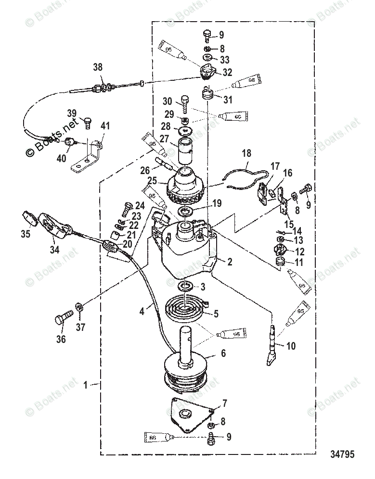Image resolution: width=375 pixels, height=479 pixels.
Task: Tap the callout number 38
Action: click(x=98, y=68)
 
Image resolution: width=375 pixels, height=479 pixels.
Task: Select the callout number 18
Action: click(x=246, y=154)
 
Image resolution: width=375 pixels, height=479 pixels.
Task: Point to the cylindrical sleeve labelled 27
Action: click(x=186, y=151)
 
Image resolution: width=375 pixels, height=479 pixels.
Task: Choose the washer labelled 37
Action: click(x=79, y=306)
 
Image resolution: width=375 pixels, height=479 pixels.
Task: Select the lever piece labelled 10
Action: click(x=272, y=345)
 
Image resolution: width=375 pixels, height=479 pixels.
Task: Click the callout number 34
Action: click(x=54, y=250)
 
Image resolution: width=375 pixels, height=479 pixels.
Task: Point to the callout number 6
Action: click(x=223, y=352)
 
